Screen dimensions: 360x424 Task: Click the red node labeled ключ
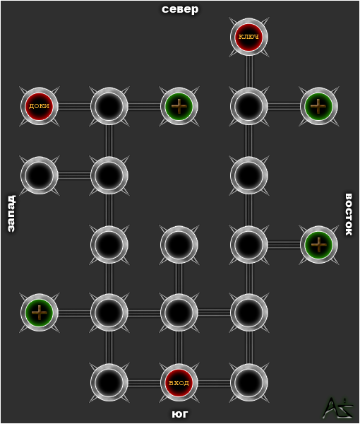point(249,37)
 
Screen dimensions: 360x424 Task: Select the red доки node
point(40,106)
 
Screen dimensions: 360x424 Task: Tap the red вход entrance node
point(179,382)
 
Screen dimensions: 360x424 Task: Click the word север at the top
point(180,9)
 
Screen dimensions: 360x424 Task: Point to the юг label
point(179,413)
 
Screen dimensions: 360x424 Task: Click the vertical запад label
point(11,213)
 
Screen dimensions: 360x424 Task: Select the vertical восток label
point(349,214)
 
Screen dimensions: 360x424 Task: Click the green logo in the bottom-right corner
point(338,408)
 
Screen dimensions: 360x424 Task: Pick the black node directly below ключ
point(249,106)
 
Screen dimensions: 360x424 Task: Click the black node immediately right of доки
point(109,106)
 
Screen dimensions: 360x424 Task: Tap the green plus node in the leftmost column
point(40,312)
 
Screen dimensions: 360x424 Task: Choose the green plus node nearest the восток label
point(319,245)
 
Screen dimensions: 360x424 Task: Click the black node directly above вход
point(179,312)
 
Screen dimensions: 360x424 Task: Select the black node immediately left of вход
point(109,382)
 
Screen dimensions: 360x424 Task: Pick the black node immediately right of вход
point(249,382)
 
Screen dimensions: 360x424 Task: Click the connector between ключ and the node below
point(249,71)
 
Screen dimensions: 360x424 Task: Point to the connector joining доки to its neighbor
point(74,106)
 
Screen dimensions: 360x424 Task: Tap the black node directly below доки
point(40,175)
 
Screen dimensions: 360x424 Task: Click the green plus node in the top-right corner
point(319,106)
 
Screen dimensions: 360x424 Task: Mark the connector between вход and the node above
point(179,348)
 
